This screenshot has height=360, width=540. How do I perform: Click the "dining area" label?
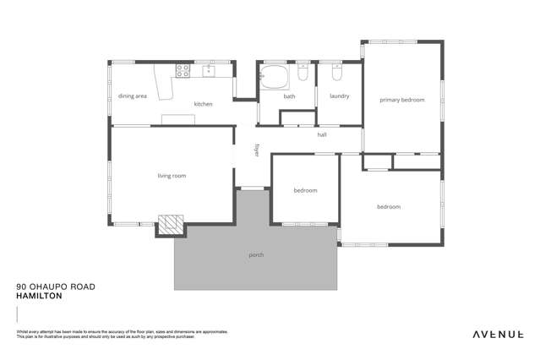click(x=133, y=96)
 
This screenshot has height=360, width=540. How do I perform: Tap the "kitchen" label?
click(x=203, y=104)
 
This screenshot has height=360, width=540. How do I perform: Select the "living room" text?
click(x=172, y=176)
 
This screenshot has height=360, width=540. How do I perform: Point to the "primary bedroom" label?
click(x=401, y=100)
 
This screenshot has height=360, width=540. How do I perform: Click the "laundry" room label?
click(x=340, y=96)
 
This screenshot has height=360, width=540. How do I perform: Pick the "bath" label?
click(x=289, y=96)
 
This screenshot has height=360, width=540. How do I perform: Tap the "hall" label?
click(x=322, y=134)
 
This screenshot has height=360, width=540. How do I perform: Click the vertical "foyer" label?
click(x=257, y=150)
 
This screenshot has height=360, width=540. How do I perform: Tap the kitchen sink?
click(x=208, y=71)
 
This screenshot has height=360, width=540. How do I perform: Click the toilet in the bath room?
click(x=303, y=75)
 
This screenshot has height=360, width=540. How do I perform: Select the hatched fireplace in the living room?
click(x=172, y=223)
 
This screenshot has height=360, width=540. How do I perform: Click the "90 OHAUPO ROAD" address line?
click(x=56, y=286)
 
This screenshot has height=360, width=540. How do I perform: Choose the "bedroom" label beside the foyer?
click(x=305, y=190)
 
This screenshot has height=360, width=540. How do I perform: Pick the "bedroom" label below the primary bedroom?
click(x=388, y=206)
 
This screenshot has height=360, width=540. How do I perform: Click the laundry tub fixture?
click(x=336, y=73)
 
